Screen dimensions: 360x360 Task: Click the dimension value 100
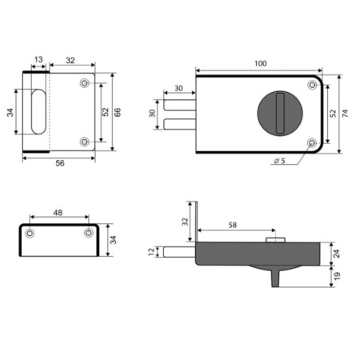coord(260,63)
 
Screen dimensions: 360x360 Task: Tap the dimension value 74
coord(345,114)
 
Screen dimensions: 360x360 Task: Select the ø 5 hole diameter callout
coord(279,161)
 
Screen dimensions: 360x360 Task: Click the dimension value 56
coord(60,163)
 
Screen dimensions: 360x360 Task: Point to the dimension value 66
coord(118,112)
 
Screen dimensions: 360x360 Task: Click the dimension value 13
coord(38,59)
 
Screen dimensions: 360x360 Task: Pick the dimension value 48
coord(58,213)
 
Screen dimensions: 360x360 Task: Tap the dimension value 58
coord(233,225)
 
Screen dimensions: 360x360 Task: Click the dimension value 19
coord(337,276)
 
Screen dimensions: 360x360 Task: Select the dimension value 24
coord(337,254)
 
